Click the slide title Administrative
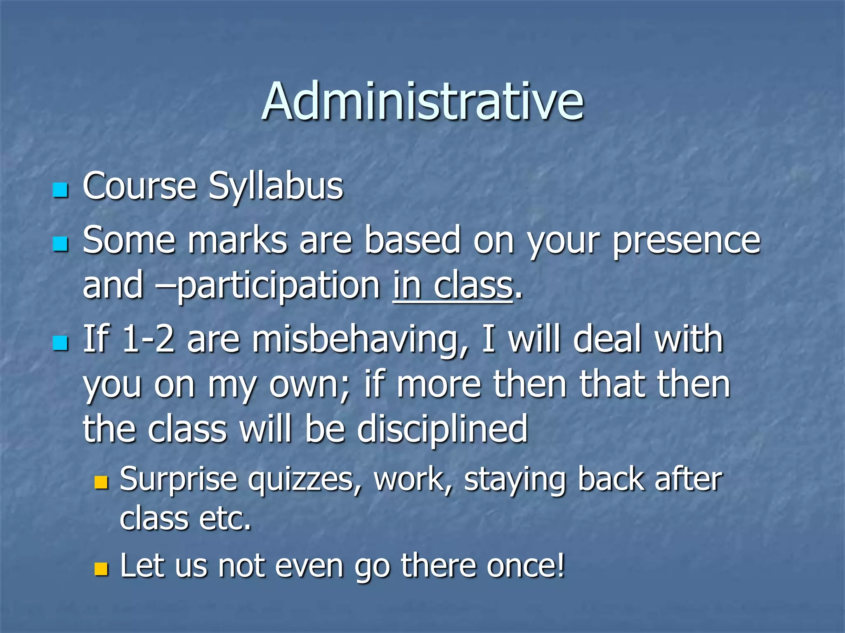coord(422,101)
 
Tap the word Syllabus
coord(275,186)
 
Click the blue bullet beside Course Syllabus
coord(60,190)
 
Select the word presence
coord(686,241)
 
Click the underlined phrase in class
coord(453,285)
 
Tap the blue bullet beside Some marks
coord(60,244)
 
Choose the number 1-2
coord(149,339)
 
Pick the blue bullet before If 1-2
coord(60,342)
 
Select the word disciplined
coord(442,429)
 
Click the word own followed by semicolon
coord(309,384)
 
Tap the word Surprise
coord(178,480)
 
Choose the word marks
coord(237,241)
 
